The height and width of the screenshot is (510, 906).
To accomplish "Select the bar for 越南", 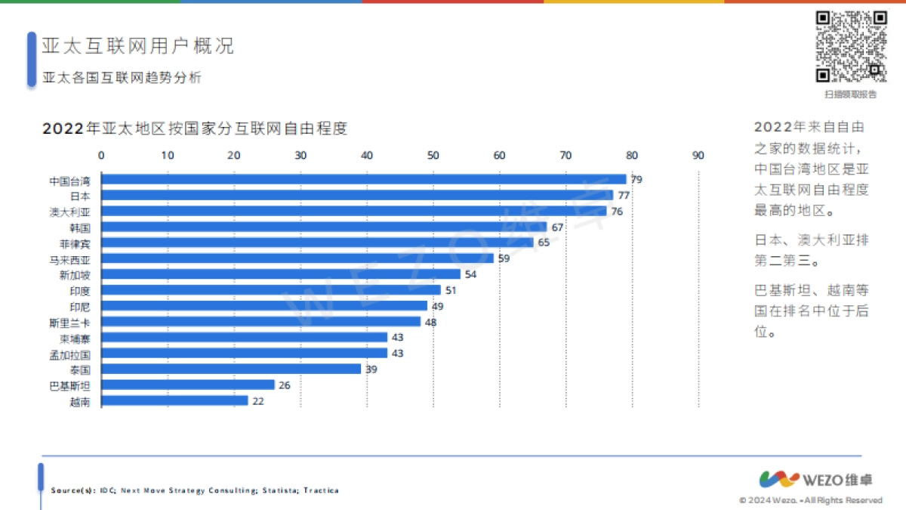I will [x=174, y=401].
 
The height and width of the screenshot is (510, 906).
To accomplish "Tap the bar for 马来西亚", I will [x=297, y=258].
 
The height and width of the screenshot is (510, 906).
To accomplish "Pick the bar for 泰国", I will [x=231, y=369].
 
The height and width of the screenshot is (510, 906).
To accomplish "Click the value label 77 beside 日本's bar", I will [x=624, y=196].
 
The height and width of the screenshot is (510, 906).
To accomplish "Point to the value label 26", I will [x=284, y=385].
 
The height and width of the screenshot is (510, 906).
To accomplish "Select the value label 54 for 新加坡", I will [x=470, y=274].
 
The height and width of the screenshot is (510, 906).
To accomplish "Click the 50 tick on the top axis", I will [x=433, y=156].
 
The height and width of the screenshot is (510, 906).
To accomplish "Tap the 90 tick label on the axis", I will [x=698, y=156].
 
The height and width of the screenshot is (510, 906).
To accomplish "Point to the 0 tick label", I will [x=102, y=156].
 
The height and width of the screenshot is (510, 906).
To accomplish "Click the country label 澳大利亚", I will [x=69, y=212].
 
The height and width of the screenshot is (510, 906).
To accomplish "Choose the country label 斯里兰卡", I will [x=69, y=323].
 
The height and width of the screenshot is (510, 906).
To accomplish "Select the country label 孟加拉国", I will [x=69, y=354].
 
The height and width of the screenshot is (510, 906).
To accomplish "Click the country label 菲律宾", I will [x=75, y=243].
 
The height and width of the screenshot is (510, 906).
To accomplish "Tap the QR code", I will [x=851, y=46].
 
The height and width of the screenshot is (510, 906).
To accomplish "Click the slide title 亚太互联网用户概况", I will [x=137, y=45].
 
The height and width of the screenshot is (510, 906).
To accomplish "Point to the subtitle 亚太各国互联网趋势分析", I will [x=122, y=78].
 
